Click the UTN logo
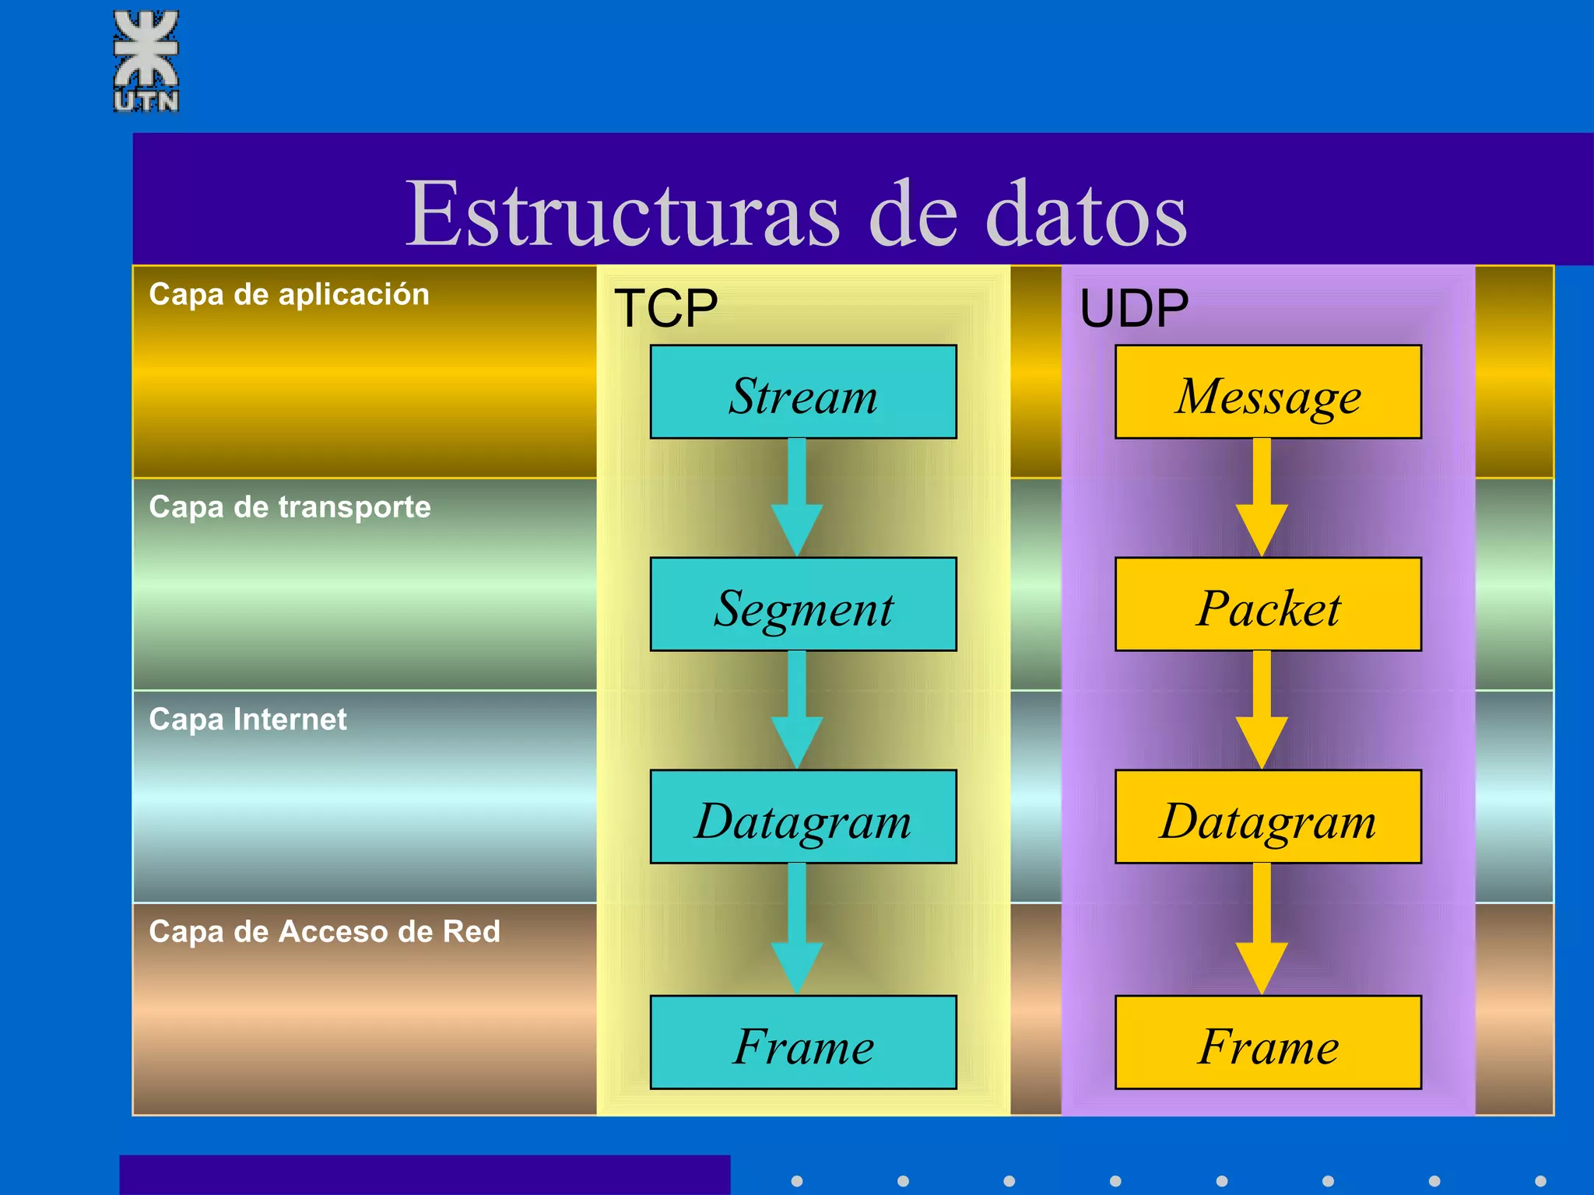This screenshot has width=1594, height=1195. (146, 61)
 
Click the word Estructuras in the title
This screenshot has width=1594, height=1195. (623, 213)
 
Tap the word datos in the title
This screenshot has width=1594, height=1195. (1086, 213)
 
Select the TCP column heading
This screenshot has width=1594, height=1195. (665, 308)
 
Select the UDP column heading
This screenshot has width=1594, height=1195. (1134, 308)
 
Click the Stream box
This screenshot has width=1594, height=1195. (803, 392)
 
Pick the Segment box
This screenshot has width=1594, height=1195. (803, 605)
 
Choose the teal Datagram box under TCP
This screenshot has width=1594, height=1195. (803, 817)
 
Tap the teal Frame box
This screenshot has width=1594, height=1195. (803, 1043)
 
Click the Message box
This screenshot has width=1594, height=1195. (1268, 392)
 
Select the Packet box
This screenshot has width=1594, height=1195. (1268, 605)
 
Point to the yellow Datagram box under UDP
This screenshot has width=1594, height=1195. (1268, 817)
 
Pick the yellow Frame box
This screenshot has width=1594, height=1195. (1268, 1043)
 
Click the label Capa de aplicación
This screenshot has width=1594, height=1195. (289, 295)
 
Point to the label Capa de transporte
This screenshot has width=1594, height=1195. (290, 507)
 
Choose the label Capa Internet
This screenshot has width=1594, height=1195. (248, 720)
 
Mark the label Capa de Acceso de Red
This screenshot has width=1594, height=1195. (324, 932)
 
